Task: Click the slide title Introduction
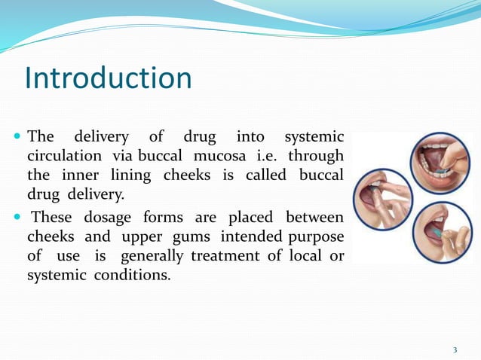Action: (109, 78)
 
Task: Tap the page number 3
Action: (455, 349)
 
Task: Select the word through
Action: (317, 157)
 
